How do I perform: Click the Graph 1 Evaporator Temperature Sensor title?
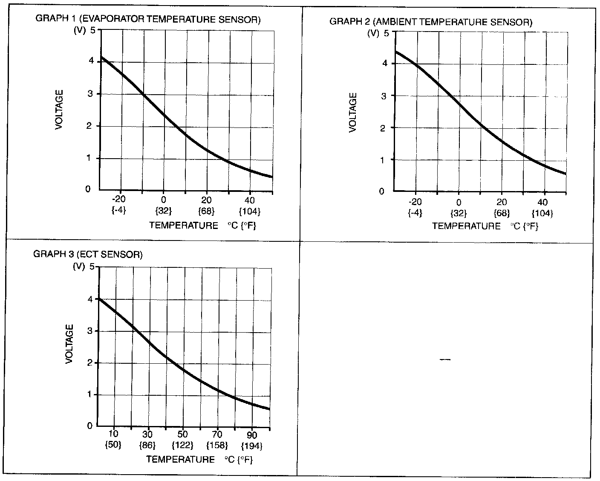tap(147, 19)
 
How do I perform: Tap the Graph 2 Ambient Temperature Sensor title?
tap(431, 22)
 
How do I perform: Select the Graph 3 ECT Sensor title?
tap(88, 255)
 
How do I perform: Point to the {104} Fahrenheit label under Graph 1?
tap(250, 211)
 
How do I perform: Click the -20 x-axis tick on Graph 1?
tap(119, 199)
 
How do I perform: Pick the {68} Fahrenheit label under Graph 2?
tap(502, 213)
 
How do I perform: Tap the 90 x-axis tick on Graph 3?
tap(252, 435)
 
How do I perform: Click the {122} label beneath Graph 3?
tap(183, 446)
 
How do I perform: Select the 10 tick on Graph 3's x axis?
tap(113, 435)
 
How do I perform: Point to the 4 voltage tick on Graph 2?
tap(384, 64)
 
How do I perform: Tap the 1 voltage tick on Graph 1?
tap(88, 158)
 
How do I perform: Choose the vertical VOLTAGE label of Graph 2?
tap(353, 113)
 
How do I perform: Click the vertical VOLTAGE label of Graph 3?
tap(69, 344)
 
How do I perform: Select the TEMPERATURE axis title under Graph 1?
tap(184, 226)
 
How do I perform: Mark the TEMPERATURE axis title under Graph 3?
tap(181, 459)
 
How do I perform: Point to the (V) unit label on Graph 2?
tap(373, 33)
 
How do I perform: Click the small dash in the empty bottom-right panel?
tap(445, 360)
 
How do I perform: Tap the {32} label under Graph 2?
tap(459, 213)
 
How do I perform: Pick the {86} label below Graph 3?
tap(148, 446)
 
